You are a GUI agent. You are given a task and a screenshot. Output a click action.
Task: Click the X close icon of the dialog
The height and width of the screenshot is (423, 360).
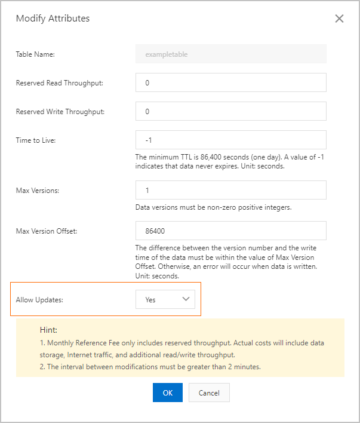(x=339, y=19)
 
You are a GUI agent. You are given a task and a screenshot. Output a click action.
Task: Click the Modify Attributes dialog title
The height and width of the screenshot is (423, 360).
(x=53, y=19)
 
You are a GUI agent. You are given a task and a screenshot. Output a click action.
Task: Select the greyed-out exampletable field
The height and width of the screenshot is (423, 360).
(x=231, y=54)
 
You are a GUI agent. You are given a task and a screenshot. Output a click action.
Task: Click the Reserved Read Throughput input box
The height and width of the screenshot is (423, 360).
(x=231, y=82)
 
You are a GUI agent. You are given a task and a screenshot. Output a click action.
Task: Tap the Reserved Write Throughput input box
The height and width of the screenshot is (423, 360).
(x=231, y=111)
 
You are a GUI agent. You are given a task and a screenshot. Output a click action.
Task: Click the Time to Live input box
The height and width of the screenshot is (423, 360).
(x=231, y=140)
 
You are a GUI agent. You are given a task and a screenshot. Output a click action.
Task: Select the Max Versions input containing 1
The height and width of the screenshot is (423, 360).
(x=231, y=190)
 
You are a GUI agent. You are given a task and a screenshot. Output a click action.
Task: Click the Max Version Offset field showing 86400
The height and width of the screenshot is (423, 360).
(x=231, y=230)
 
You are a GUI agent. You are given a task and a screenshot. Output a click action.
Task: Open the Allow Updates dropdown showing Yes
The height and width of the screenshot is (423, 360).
(x=165, y=299)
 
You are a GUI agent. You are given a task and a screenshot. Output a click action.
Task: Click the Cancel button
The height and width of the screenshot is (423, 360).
(x=209, y=393)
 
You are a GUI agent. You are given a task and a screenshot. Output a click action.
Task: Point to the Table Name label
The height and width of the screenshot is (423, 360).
(x=35, y=54)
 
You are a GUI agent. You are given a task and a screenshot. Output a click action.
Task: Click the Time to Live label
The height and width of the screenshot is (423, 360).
(x=36, y=140)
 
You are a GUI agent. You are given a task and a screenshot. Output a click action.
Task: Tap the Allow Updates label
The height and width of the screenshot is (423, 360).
(x=39, y=300)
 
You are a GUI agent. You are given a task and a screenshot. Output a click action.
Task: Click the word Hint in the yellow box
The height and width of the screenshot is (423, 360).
(x=48, y=330)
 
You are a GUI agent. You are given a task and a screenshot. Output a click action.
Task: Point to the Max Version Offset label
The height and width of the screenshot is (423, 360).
(x=47, y=231)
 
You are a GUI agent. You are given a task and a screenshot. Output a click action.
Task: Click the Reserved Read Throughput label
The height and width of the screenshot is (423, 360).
(x=59, y=83)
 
